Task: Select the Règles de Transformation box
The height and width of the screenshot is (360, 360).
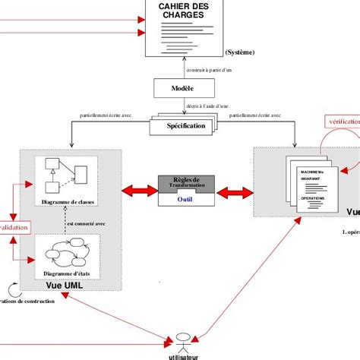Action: coord(185,182)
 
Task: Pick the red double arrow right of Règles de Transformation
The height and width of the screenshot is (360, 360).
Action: coord(237,189)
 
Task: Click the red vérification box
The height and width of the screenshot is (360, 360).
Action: coord(343,122)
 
